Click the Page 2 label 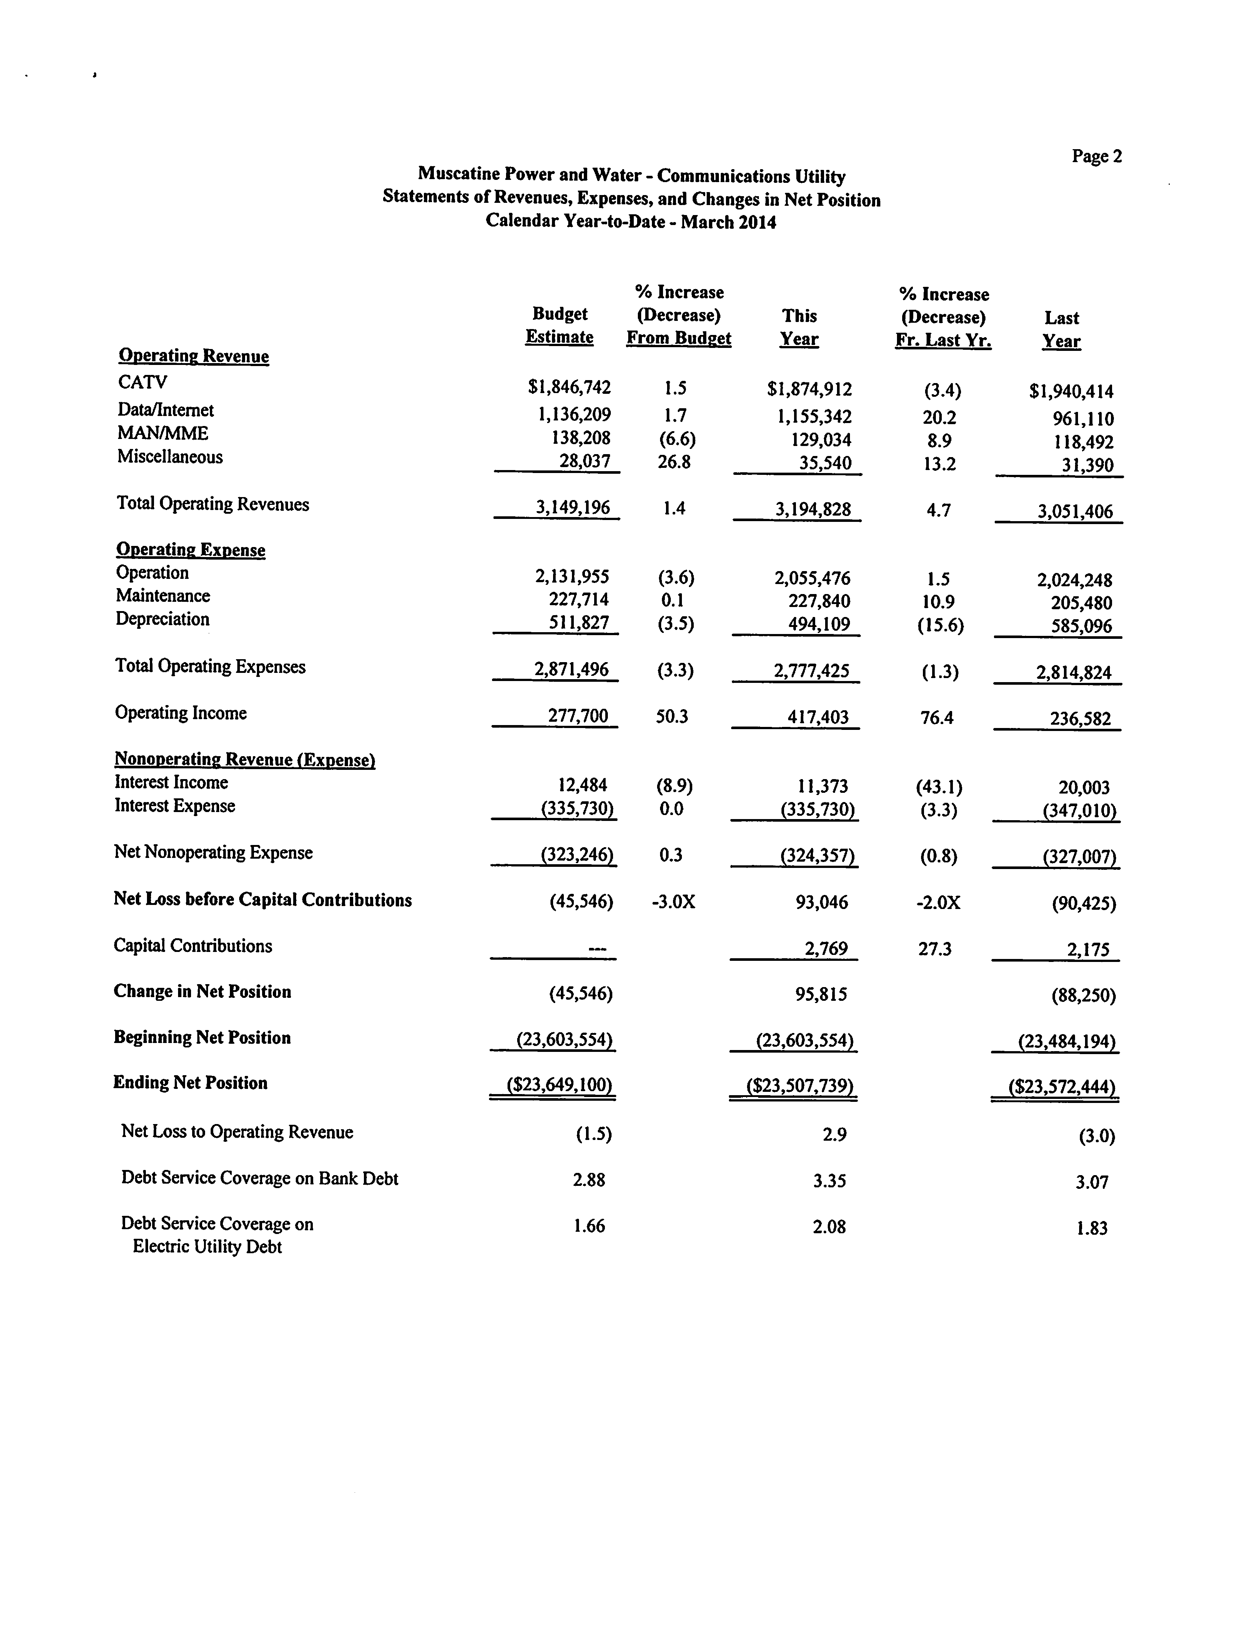pyautogui.click(x=1096, y=157)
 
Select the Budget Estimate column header pyautogui.click(x=560, y=326)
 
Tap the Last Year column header pyautogui.click(x=1061, y=329)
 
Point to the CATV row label pyautogui.click(x=143, y=382)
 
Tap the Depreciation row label pyautogui.click(x=163, y=619)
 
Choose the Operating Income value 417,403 pyautogui.click(x=817, y=717)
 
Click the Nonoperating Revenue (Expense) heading pyautogui.click(x=244, y=760)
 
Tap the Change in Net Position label pyautogui.click(x=202, y=992)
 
